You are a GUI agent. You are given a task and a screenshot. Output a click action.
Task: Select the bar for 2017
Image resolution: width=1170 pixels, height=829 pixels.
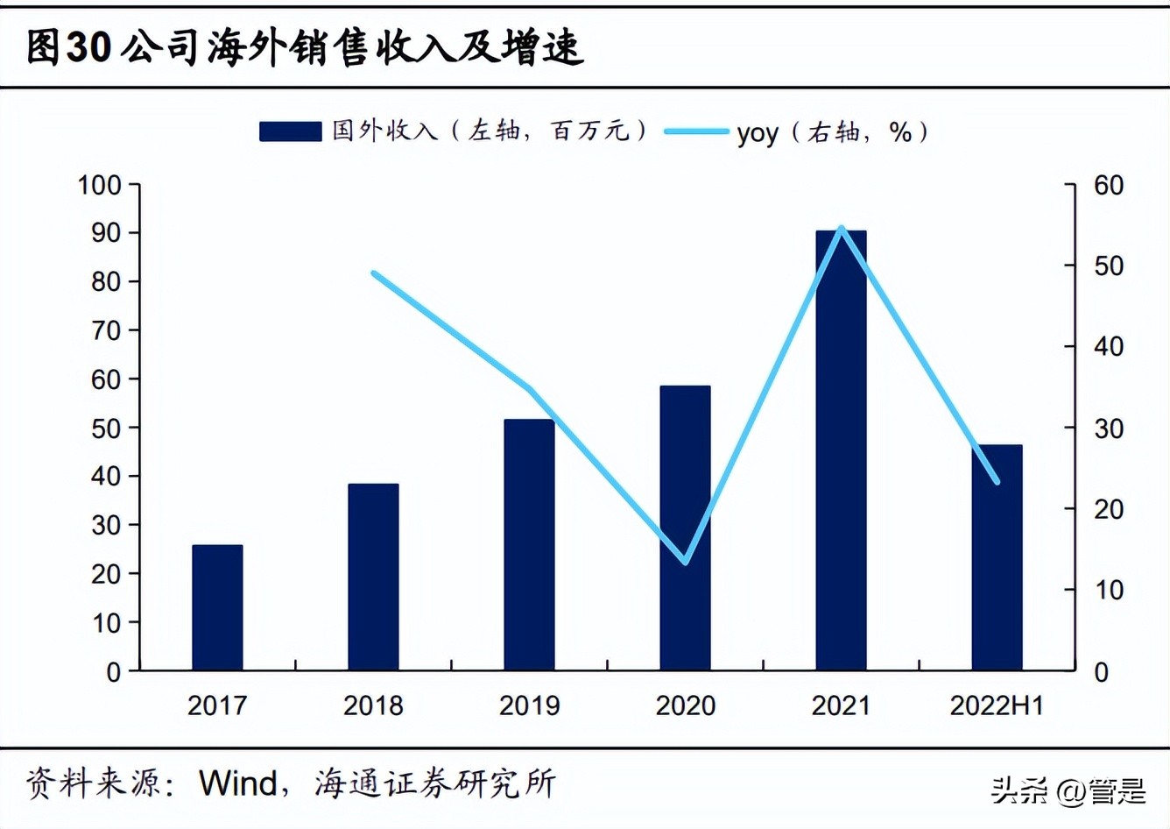[x=217, y=607]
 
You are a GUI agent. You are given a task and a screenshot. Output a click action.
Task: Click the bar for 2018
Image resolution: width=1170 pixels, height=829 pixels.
[x=373, y=577]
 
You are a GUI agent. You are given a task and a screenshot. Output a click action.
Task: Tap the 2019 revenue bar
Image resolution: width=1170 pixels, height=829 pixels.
[x=529, y=544]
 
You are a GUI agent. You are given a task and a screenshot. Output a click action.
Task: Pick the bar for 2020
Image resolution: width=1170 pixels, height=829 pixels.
[x=685, y=528]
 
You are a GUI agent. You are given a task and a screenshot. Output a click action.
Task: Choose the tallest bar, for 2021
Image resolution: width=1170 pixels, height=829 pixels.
[x=841, y=450]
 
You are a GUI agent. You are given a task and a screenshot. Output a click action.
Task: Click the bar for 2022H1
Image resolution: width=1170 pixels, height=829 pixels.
[x=997, y=557]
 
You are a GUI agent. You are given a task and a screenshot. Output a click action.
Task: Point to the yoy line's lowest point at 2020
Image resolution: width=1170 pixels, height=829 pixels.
[x=686, y=562]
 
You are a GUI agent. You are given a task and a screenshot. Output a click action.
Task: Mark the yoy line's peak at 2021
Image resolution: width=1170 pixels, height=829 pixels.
[x=842, y=228]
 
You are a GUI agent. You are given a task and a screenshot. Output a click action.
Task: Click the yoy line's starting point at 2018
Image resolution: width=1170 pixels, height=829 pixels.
[x=374, y=273]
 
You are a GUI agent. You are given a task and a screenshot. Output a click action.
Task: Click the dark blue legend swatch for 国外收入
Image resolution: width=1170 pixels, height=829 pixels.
[x=290, y=131]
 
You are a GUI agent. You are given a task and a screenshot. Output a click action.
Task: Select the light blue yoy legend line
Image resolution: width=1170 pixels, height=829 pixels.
[x=696, y=131]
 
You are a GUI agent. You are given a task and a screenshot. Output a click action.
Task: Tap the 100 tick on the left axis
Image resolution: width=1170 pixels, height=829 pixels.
[x=99, y=185]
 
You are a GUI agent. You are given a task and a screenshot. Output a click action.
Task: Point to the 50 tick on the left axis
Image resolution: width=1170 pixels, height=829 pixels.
[x=106, y=429]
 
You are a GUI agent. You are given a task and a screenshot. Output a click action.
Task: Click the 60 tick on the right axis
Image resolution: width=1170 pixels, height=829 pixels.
[x=1108, y=185]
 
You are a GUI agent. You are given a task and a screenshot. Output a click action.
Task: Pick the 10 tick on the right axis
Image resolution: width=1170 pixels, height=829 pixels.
[x=1108, y=590]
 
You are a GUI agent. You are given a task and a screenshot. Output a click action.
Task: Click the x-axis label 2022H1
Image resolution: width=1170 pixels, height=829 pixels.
[x=997, y=705]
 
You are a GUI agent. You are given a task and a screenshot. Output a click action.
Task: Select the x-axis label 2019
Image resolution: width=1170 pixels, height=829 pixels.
[x=529, y=705]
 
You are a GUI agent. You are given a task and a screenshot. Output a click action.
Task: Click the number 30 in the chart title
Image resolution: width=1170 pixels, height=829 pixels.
[x=88, y=47]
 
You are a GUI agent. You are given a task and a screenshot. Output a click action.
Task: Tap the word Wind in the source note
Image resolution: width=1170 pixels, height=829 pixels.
[x=238, y=783]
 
